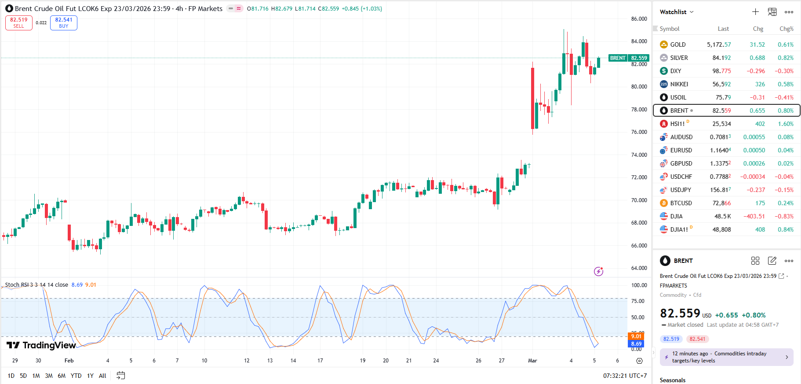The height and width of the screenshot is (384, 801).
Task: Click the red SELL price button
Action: pos(19,23)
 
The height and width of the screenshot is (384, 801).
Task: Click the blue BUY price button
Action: pos(64,23)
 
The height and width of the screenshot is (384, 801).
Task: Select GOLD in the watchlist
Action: pos(677,44)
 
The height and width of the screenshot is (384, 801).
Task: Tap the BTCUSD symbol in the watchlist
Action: pos(681,203)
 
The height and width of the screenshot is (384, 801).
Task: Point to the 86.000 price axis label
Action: pos(639,19)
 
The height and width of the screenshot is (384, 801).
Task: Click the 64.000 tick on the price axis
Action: pos(639,268)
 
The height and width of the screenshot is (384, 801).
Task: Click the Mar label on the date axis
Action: pos(532,361)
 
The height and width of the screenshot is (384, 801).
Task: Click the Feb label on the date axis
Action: pos(69,361)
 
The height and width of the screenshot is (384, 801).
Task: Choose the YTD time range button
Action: pos(76,376)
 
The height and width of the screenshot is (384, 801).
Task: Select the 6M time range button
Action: pos(62,376)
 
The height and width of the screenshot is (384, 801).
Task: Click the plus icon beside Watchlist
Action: pos(755,12)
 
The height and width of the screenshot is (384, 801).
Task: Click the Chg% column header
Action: pos(786,29)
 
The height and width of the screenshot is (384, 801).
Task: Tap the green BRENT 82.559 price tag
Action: pos(629,58)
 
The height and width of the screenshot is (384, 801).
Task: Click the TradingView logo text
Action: pos(49,345)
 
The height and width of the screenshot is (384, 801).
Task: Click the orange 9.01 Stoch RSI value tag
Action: pos(636,336)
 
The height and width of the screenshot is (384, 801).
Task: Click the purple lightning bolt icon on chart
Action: pos(598,271)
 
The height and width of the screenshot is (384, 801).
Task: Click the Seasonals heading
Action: pos(672,380)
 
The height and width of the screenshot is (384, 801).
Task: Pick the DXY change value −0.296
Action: pos(755,71)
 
